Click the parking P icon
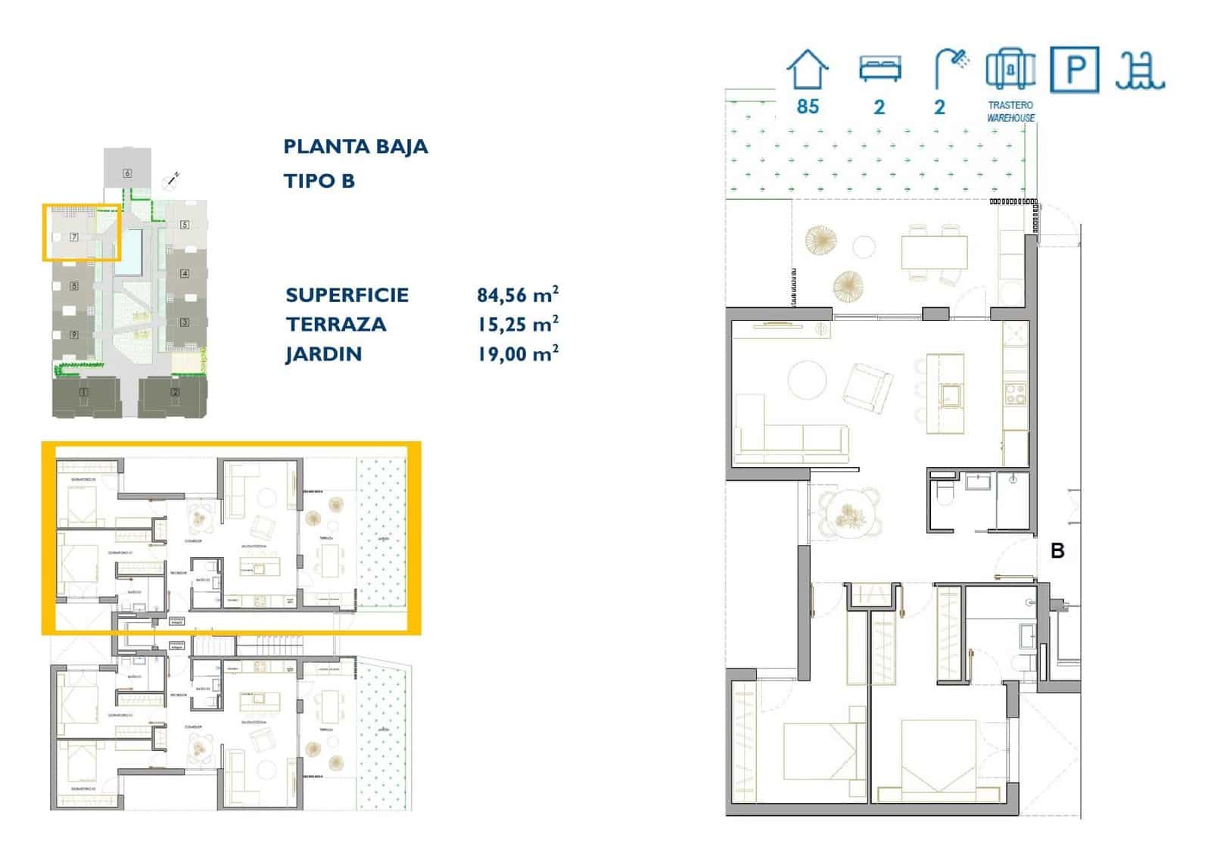(x=1075, y=70)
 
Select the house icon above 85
(x=808, y=70)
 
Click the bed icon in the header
(x=879, y=69)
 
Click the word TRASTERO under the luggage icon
(x=1010, y=105)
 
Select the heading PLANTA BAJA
(x=355, y=147)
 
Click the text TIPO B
(x=319, y=181)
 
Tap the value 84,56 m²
(x=518, y=294)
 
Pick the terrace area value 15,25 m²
(x=518, y=324)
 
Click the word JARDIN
(x=323, y=353)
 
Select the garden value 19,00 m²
(x=518, y=353)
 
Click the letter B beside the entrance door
(x=1057, y=551)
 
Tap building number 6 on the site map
(x=127, y=173)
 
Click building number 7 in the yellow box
(x=74, y=237)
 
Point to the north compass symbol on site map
(x=171, y=181)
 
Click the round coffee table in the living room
(x=807, y=379)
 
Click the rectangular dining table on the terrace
(x=934, y=252)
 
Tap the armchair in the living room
(x=867, y=385)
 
